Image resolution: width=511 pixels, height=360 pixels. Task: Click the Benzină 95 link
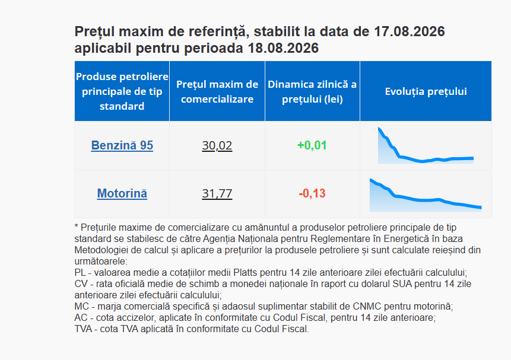pyautogui.click(x=122, y=145)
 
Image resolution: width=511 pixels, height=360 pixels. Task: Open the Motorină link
pyautogui.click(x=122, y=193)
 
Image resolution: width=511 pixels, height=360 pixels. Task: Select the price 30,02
pyautogui.click(x=217, y=145)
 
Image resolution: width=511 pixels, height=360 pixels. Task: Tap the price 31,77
pyautogui.click(x=217, y=193)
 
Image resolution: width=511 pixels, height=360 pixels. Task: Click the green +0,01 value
pyautogui.click(x=312, y=145)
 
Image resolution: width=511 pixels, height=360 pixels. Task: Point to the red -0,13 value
pyautogui.click(x=312, y=193)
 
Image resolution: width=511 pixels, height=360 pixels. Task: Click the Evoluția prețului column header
pyautogui.click(x=426, y=91)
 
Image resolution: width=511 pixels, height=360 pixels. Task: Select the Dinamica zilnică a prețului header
pyautogui.click(x=312, y=91)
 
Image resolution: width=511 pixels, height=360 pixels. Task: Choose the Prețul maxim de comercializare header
pyautogui.click(x=217, y=91)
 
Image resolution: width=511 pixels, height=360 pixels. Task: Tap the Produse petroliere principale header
pyautogui.click(x=122, y=91)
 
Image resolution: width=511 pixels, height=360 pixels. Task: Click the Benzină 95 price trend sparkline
pyautogui.click(x=426, y=146)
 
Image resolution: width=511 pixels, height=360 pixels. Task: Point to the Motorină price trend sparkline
pyautogui.click(x=426, y=195)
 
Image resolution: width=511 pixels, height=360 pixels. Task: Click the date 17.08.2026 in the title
pyautogui.click(x=410, y=31)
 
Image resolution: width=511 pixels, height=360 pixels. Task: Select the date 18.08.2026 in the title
pyautogui.click(x=283, y=48)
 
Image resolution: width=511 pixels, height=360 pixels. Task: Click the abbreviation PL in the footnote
pyautogui.click(x=80, y=272)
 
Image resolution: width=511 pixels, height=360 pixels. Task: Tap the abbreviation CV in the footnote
pyautogui.click(x=81, y=283)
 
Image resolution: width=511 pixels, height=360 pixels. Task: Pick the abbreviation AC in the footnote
pyautogui.click(x=81, y=318)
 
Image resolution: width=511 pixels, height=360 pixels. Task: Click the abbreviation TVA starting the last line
pyautogui.click(x=83, y=329)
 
